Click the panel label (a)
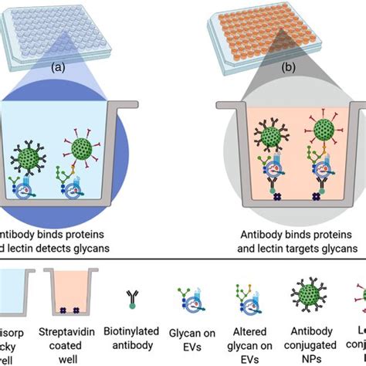(x=57, y=67)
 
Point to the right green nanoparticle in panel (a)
(x=86, y=149)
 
